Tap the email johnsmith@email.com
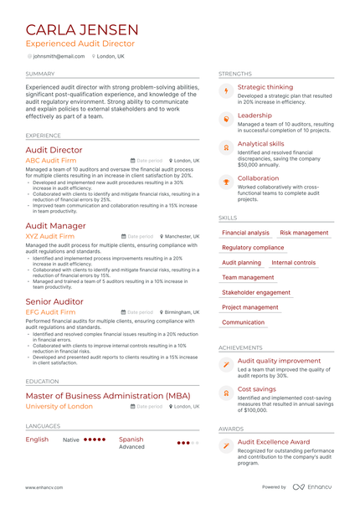59,56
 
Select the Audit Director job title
54,150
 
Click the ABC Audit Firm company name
53,160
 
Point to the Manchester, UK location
183,237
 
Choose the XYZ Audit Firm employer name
50,237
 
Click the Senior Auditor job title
55,301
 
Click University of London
59,406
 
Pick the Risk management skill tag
304,233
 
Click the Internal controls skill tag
294,263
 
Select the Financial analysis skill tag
245,233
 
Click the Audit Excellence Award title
273,442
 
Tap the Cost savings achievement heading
256,388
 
